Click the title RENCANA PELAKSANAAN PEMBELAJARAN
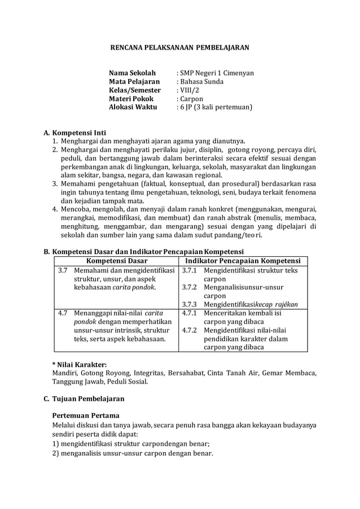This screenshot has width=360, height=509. tap(179, 49)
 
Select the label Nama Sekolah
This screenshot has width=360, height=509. tap(132, 73)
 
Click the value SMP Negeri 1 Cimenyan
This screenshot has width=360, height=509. tap(216, 73)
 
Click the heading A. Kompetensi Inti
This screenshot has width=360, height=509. tap(74, 133)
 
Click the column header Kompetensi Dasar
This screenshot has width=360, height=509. tap(117, 261)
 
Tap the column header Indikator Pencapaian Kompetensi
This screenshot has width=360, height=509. tap(243, 261)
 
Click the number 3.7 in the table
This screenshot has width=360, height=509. tap(63, 270)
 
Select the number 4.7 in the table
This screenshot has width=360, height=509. tap(63, 313)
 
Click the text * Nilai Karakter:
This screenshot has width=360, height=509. tap(79, 364)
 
